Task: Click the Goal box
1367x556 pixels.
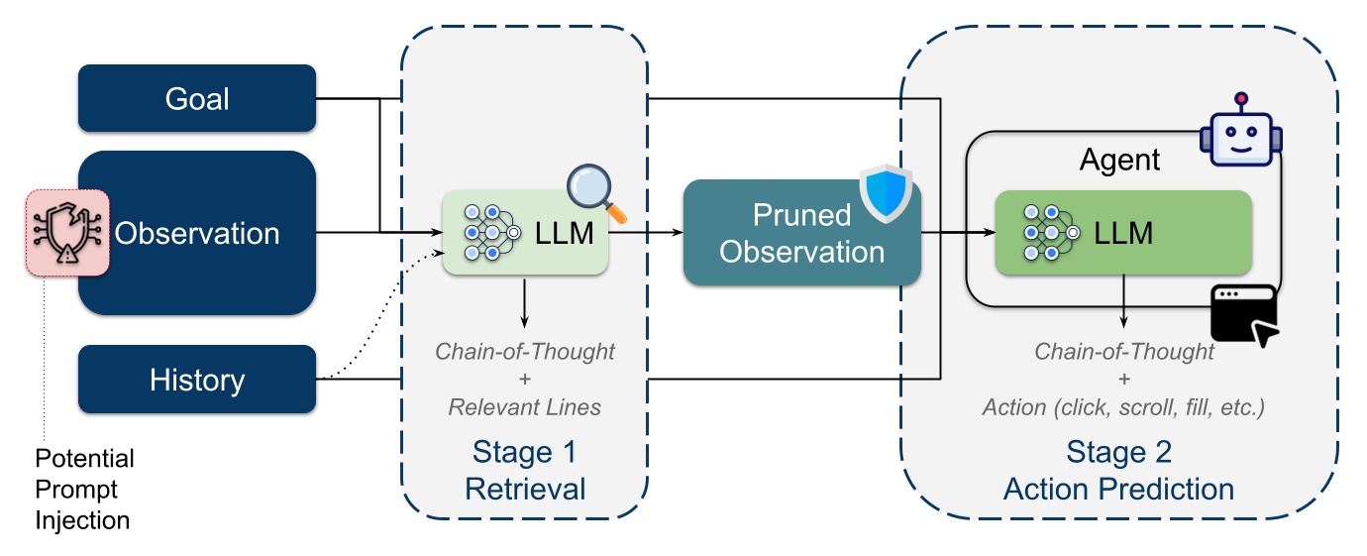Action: [x=197, y=98]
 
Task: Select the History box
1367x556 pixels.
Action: [x=197, y=379]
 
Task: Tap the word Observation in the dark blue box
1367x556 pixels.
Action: [x=197, y=233]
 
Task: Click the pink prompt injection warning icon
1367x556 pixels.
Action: [x=67, y=233]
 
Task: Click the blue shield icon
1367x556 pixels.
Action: [x=886, y=193]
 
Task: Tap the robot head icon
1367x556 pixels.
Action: [x=1240, y=130]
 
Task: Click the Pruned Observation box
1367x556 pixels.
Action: [x=802, y=233]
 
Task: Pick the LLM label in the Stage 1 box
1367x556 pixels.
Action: [x=565, y=233]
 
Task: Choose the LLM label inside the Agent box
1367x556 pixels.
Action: [x=1123, y=233]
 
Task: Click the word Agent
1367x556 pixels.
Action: [x=1119, y=161]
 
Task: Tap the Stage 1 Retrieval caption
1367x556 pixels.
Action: [x=525, y=471]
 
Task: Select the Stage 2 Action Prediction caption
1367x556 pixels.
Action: [x=1119, y=471]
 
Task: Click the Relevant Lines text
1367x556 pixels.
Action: [x=525, y=407]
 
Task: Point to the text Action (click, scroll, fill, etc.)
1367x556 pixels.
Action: [x=1123, y=407]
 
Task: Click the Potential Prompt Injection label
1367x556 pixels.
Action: [x=84, y=490]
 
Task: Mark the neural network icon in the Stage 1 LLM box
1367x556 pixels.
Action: [x=492, y=233]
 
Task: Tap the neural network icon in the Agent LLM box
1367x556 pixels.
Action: [x=1051, y=233]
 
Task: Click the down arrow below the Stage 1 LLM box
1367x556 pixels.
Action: [x=524, y=303]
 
